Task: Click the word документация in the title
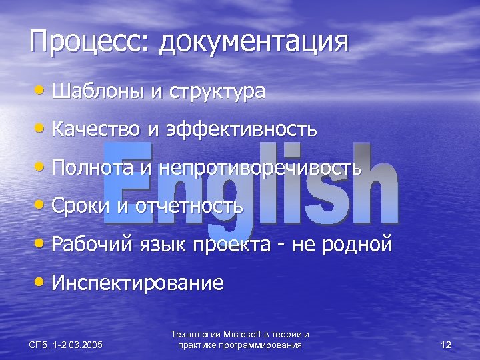coord(255,43)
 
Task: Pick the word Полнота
coord(93,167)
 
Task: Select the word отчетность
coord(189,206)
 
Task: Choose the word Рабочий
coord(91,245)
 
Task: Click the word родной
coord(358,245)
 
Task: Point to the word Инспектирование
coord(137,283)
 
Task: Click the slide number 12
coord(446,345)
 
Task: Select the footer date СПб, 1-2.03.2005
coord(66,345)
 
